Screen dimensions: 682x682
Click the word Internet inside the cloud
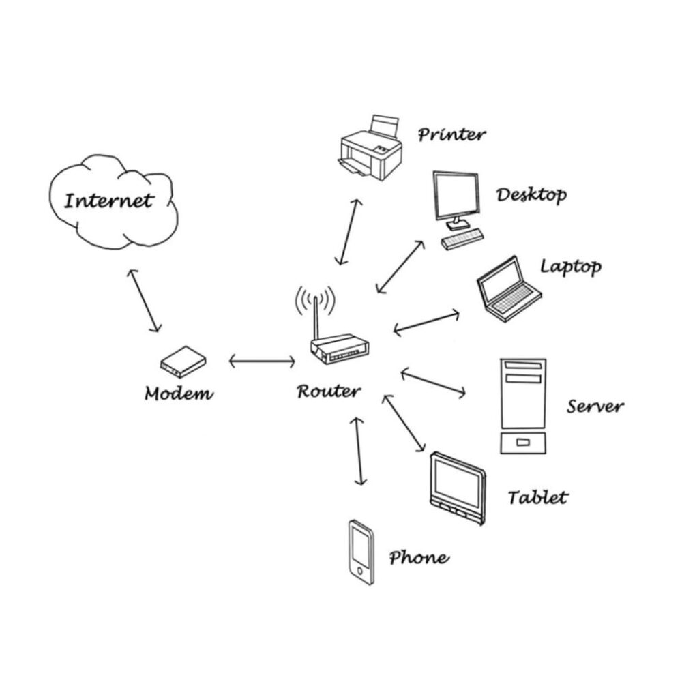(x=108, y=201)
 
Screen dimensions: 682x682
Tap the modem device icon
(x=183, y=361)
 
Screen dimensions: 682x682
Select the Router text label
(x=329, y=391)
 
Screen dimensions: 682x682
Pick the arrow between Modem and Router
(x=262, y=361)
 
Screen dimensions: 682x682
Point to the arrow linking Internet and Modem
(x=144, y=301)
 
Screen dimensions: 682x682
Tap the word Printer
(x=452, y=134)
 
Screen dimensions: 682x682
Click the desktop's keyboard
(x=462, y=239)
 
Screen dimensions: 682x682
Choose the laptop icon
(x=508, y=289)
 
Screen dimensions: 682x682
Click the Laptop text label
(x=571, y=266)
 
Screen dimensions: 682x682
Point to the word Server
(x=595, y=406)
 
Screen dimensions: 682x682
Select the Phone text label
(x=419, y=558)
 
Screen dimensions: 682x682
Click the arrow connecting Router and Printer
(x=347, y=232)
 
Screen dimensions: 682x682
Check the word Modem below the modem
(x=179, y=394)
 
